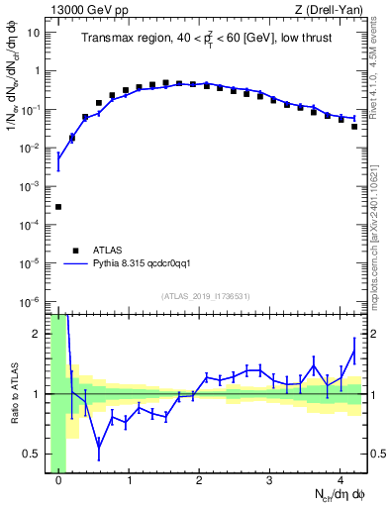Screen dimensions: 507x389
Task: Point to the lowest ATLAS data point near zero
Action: (x=58, y=207)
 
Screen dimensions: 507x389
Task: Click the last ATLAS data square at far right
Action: (x=354, y=127)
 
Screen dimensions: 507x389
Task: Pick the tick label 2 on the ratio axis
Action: (x=38, y=334)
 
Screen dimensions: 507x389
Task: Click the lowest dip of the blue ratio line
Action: (x=99, y=447)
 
